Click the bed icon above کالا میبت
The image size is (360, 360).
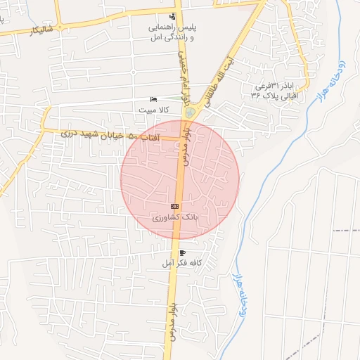pos(154,100)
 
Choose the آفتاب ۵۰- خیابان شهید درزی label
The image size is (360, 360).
pos(110,134)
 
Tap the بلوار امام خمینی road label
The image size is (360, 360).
pos(181,60)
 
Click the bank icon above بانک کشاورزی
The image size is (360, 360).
pos(175,207)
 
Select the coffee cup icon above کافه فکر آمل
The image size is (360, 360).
pos(183,252)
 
